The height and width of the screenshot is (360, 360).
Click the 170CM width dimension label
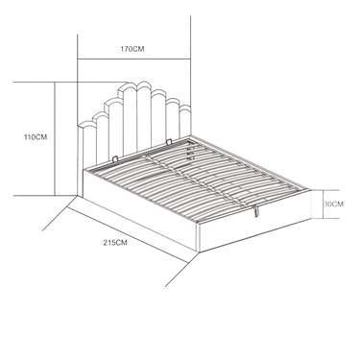(x=132, y=49)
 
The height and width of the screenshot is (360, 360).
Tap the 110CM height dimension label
(x=36, y=137)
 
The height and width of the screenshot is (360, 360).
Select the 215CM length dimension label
(x=115, y=243)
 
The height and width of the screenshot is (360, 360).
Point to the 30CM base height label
(x=333, y=204)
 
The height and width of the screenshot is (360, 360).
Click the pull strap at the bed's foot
(x=256, y=210)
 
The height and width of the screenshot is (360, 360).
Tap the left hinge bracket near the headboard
(x=115, y=158)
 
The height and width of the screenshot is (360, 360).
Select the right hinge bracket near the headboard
(x=169, y=141)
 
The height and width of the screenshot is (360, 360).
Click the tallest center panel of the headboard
(x=144, y=115)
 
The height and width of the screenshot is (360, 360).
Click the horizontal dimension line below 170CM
(x=134, y=59)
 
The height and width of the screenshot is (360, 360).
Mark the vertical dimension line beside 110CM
(x=55, y=138)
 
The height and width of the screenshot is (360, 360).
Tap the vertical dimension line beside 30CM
(x=321, y=204)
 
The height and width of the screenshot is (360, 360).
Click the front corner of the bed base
(x=199, y=252)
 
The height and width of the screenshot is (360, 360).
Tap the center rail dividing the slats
(x=195, y=180)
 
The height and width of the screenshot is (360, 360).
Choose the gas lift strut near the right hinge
(x=191, y=151)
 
